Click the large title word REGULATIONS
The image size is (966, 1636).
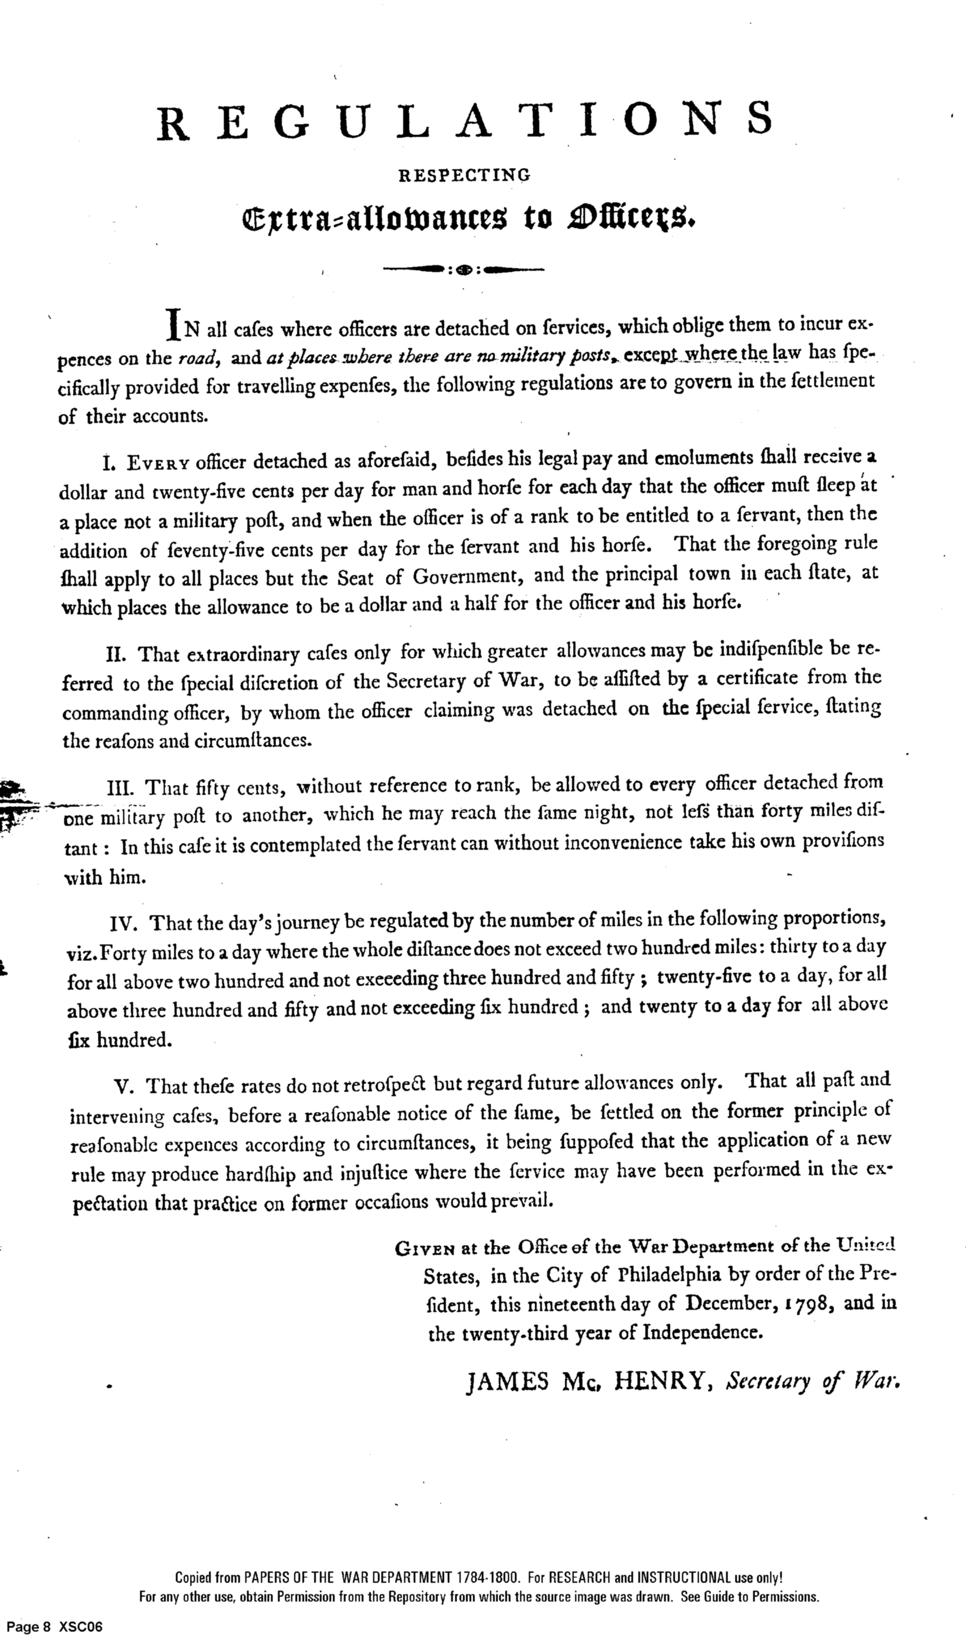click(465, 120)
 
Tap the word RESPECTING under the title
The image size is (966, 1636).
click(464, 175)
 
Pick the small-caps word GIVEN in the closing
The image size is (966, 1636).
click(425, 1247)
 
